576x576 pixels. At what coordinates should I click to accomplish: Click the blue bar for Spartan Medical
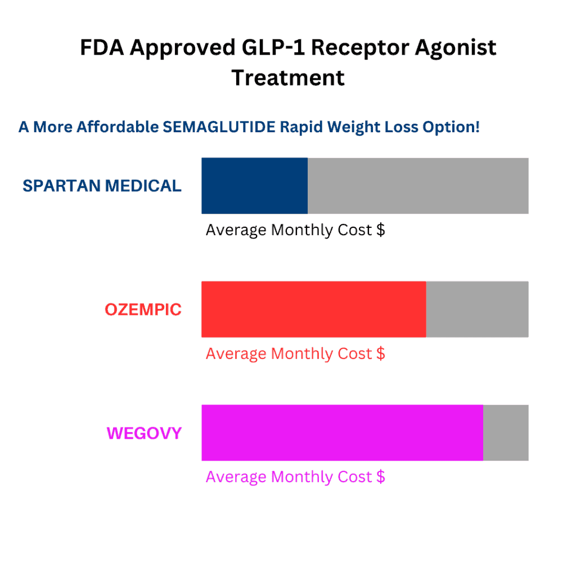click(254, 186)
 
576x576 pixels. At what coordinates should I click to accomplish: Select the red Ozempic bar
click(313, 309)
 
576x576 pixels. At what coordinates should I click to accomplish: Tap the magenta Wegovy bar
click(342, 433)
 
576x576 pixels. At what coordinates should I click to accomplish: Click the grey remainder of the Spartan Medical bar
click(418, 186)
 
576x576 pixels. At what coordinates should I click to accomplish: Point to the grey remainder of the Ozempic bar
click(477, 309)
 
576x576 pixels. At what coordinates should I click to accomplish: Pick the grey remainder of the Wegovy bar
click(506, 433)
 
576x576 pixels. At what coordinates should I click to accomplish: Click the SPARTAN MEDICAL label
click(102, 186)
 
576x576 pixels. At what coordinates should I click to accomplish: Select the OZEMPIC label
click(143, 310)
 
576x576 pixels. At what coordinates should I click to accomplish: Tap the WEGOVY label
click(144, 434)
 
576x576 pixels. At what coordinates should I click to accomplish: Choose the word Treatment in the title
click(288, 77)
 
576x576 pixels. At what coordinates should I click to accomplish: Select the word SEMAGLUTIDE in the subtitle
click(219, 127)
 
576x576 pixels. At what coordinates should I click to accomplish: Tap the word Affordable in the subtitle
click(118, 127)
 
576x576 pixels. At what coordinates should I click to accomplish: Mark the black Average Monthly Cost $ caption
click(295, 230)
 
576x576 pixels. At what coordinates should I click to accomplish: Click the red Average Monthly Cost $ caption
click(295, 354)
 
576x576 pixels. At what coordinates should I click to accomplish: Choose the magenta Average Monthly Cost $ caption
click(295, 477)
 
